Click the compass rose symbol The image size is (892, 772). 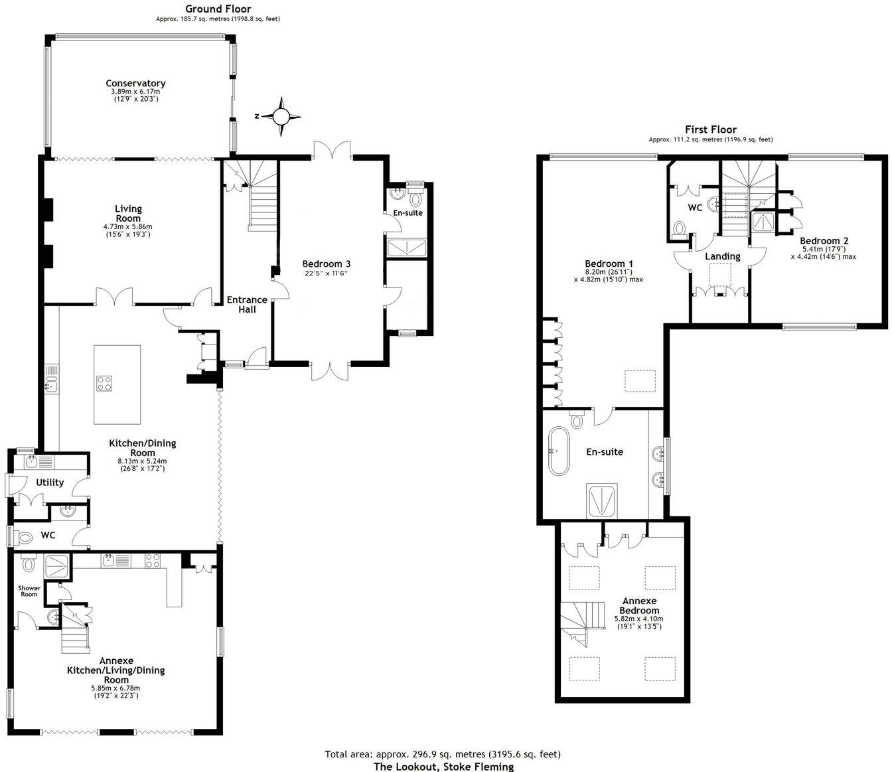pyautogui.click(x=281, y=117)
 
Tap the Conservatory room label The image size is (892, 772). pyautogui.click(x=135, y=84)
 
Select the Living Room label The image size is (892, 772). pyautogui.click(x=128, y=213)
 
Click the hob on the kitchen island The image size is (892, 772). pyautogui.click(x=105, y=383)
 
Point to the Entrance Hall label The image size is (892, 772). pyautogui.click(x=247, y=305)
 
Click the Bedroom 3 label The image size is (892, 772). pyautogui.click(x=326, y=264)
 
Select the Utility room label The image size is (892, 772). pyautogui.click(x=50, y=483)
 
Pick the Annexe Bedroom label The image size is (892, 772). pyautogui.click(x=640, y=605)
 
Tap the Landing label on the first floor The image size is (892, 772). pyautogui.click(x=722, y=256)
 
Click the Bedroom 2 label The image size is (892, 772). pyautogui.click(x=824, y=241)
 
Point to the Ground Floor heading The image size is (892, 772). pyautogui.click(x=218, y=9)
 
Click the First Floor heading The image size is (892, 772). pyautogui.click(x=711, y=129)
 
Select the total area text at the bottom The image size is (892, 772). pyautogui.click(x=443, y=754)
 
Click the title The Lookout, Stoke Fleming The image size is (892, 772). pyautogui.click(x=443, y=767)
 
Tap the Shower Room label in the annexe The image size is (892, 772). pyautogui.click(x=29, y=591)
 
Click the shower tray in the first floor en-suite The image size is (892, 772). pyautogui.click(x=602, y=500)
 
